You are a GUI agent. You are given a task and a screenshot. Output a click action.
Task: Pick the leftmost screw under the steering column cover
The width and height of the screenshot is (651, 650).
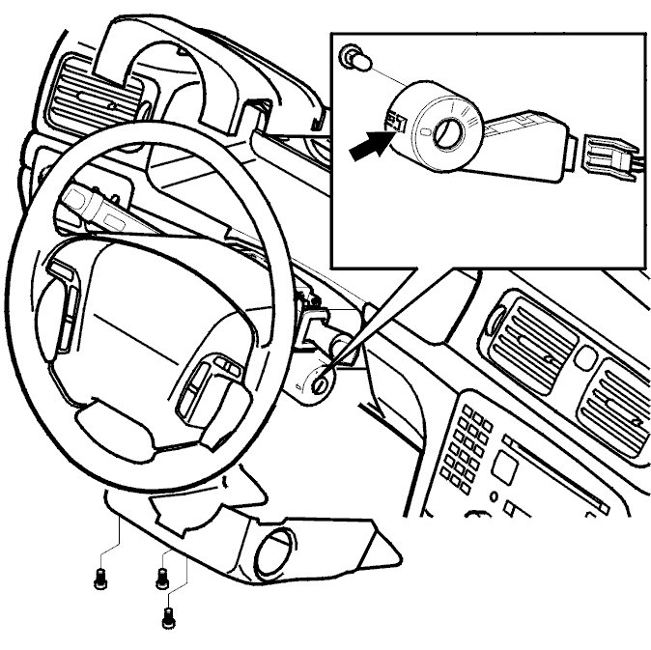pos(99,579)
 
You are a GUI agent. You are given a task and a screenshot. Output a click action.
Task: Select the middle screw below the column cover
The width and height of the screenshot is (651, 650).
pos(161,579)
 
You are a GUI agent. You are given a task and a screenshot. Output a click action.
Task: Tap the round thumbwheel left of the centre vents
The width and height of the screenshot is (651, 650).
pos(495,318)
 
